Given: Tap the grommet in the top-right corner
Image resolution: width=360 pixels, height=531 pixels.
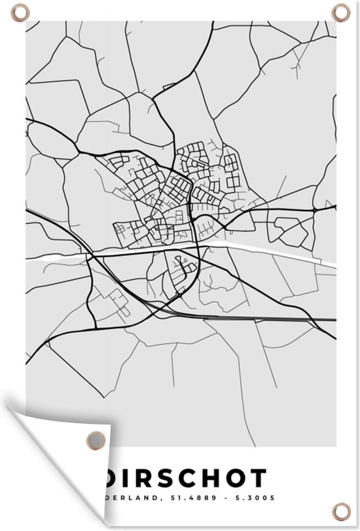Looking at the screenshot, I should [341, 12].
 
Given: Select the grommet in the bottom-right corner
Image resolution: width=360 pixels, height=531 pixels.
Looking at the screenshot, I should [341, 509].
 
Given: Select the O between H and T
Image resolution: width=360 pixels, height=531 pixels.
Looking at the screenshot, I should [240, 478].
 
